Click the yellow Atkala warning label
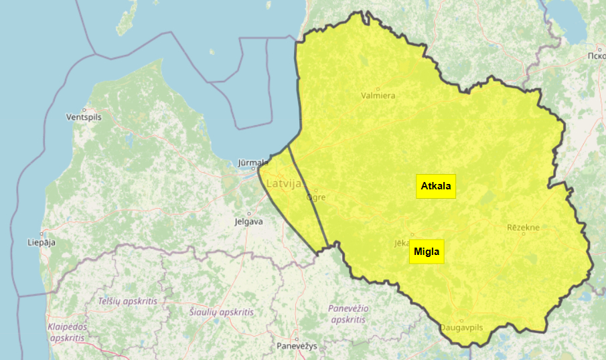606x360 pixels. click(x=436, y=186)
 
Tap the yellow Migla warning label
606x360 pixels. click(x=427, y=251)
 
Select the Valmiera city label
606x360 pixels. click(x=378, y=96)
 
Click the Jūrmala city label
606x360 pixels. click(x=254, y=163)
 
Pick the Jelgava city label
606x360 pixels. click(x=248, y=221)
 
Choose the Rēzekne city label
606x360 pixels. click(x=523, y=228)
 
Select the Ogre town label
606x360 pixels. click(x=315, y=197)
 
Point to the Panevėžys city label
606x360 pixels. click(x=297, y=346)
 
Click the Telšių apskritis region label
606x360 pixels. click(x=127, y=301)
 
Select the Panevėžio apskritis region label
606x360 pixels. click(x=347, y=314)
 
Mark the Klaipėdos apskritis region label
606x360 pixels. click(x=67, y=332)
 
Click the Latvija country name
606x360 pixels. click(x=284, y=183)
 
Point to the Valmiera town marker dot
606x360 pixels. click(x=378, y=88)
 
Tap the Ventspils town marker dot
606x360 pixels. click(x=84, y=109)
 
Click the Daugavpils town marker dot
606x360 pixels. click(x=461, y=321)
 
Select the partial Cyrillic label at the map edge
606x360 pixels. click(x=596, y=55)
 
